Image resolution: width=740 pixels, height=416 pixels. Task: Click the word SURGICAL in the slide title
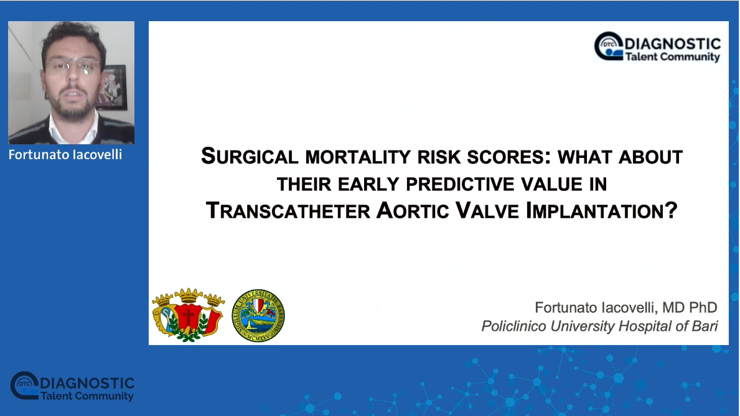(250, 157)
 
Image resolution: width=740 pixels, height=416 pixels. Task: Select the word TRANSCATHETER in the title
(288, 210)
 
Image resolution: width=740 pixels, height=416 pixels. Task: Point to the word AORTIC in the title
(413, 210)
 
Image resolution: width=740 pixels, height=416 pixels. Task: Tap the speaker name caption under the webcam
(65, 155)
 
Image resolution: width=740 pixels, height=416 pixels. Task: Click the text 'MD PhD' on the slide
(690, 308)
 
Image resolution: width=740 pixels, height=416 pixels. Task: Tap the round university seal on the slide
(258, 315)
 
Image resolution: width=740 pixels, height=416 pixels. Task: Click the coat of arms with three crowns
(189, 315)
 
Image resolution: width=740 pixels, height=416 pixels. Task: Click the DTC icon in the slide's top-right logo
(609, 46)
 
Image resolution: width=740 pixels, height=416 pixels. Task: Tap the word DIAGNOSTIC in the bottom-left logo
(88, 383)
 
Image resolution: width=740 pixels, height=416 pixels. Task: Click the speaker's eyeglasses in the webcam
(73, 67)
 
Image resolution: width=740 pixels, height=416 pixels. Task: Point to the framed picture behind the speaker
(112, 87)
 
